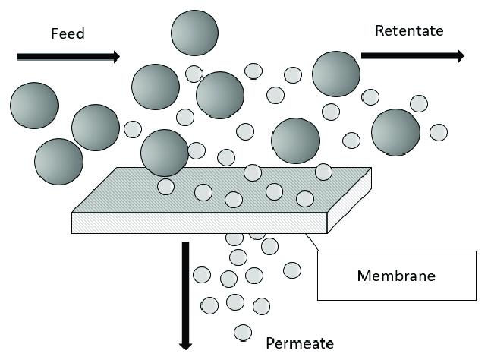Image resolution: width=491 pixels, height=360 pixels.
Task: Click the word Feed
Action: click(68, 33)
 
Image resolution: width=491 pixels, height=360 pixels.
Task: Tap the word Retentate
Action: click(409, 30)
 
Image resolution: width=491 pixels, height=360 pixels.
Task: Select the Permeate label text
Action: click(300, 343)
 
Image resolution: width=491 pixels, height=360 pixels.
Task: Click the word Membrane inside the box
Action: click(396, 276)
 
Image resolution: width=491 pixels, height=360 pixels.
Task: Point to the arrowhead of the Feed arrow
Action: click(116, 57)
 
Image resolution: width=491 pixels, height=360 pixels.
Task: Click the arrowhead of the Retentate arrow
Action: click(461, 55)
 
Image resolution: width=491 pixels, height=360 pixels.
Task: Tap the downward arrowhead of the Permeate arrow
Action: click(185, 347)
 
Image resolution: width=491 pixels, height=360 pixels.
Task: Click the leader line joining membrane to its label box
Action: click(312, 242)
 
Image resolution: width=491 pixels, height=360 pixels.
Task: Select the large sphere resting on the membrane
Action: click(165, 153)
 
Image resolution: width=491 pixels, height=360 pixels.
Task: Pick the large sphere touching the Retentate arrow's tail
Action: click(336, 74)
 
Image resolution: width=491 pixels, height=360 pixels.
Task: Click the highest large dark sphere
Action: click(194, 33)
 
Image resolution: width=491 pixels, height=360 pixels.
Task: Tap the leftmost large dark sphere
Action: click(34, 106)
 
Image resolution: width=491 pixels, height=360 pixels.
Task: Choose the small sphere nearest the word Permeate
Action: click(243, 333)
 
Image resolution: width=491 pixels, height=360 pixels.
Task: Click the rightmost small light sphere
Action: click(439, 132)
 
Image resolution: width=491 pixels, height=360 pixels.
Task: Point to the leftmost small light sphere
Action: click(133, 129)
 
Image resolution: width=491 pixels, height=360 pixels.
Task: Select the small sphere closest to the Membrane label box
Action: click(292, 270)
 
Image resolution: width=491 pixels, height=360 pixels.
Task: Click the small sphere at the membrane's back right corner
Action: click(323, 172)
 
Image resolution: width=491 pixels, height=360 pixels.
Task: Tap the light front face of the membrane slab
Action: click(200, 223)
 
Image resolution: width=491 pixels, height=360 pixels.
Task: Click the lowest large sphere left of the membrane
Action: click(59, 162)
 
